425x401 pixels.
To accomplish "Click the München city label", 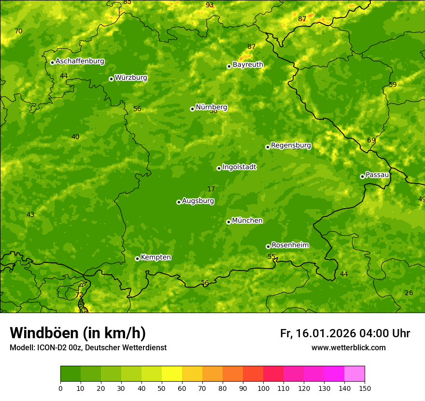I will click(x=247, y=221).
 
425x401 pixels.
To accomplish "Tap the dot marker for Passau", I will click(x=362, y=176).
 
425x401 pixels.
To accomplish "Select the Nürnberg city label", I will click(x=211, y=107).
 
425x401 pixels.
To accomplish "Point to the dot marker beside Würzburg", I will click(x=111, y=79).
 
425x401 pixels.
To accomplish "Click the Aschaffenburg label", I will click(x=80, y=61).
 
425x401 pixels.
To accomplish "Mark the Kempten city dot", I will click(x=137, y=258).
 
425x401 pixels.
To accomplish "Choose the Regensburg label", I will click(x=291, y=145).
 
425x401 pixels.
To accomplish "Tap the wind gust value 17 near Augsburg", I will click(x=211, y=189).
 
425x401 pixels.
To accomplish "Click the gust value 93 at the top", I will click(x=210, y=5).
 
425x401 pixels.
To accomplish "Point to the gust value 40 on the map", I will click(x=75, y=137).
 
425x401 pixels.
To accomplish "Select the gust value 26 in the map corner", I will click(x=409, y=293).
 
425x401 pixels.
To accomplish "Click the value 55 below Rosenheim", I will click(x=271, y=257).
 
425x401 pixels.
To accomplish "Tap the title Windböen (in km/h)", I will click(x=78, y=333).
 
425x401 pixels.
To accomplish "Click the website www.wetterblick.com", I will click(x=348, y=347).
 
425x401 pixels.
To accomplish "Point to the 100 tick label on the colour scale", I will click(x=263, y=388).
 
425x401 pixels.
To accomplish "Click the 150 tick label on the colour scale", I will click(x=365, y=388).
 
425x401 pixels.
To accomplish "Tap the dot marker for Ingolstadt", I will click(x=219, y=168).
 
